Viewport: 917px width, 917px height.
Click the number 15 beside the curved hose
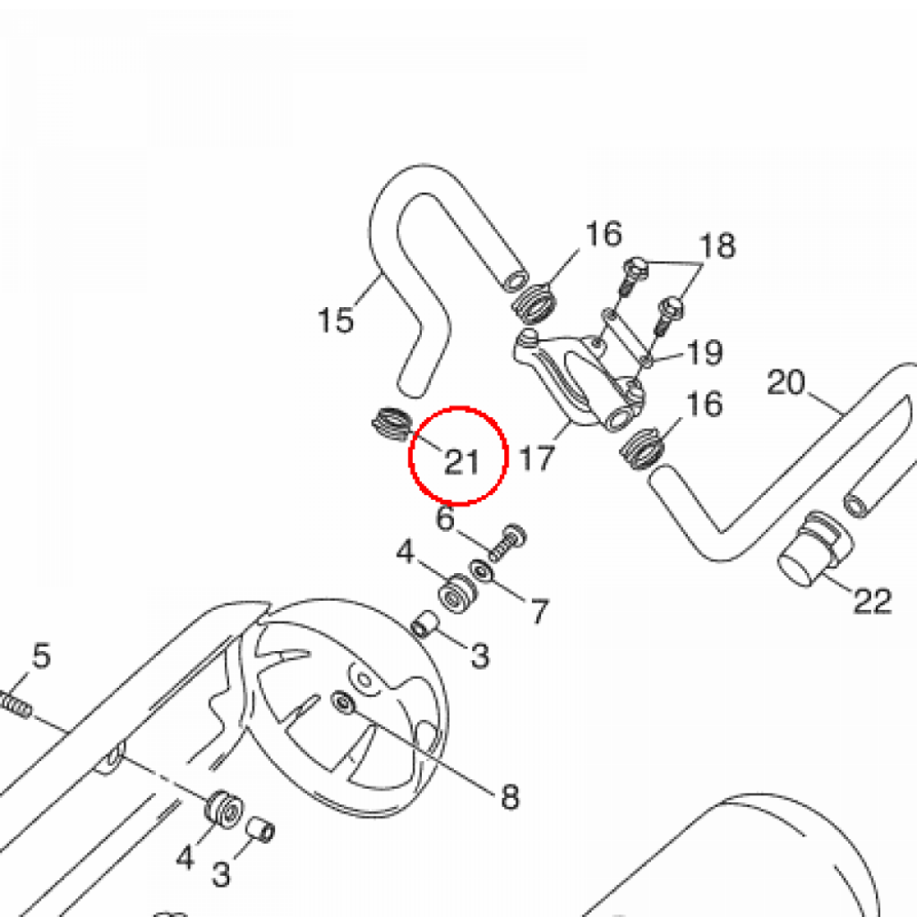tap(336, 320)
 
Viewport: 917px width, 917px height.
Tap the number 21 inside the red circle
tap(462, 462)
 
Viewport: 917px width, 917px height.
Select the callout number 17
tap(536, 458)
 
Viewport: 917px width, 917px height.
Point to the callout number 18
tap(717, 245)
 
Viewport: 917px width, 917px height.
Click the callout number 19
tap(705, 352)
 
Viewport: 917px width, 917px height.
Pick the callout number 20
tap(786, 383)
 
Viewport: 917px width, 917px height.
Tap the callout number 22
tap(872, 601)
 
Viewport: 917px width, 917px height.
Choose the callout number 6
tap(446, 518)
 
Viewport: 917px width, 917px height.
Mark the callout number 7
tap(539, 612)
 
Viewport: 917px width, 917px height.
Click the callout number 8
tap(510, 796)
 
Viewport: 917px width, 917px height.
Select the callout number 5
tap(41, 655)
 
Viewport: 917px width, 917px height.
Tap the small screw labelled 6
tap(507, 544)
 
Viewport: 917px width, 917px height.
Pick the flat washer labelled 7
tap(481, 570)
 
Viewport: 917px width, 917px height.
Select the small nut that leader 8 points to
tap(343, 702)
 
